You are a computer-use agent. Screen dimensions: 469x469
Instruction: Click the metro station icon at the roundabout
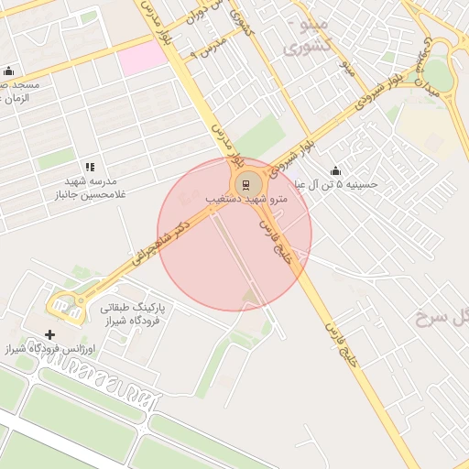[245, 183]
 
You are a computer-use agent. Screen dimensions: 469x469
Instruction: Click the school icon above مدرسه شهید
[90, 167]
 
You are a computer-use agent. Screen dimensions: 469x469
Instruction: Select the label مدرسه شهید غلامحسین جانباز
[90, 188]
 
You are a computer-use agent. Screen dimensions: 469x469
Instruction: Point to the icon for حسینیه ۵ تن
[335, 170]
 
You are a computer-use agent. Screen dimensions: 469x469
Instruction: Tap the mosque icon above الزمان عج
[8, 71]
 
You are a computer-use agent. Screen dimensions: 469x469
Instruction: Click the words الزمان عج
[14, 97]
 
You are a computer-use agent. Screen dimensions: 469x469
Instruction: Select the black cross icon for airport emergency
[49, 334]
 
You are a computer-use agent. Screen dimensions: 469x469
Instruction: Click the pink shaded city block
[142, 58]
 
